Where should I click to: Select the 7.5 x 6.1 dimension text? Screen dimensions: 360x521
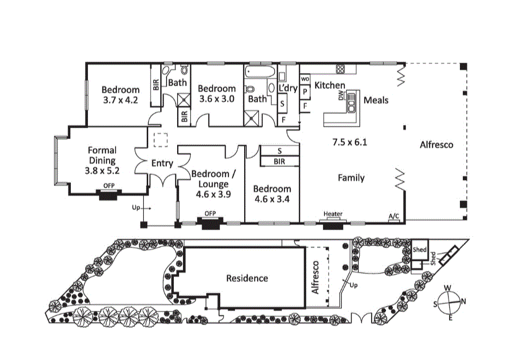pos(349,142)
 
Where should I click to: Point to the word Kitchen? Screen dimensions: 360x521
pos(330,85)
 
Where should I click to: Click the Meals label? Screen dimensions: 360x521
pos(376,100)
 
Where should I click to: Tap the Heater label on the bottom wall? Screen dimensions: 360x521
pos(332,214)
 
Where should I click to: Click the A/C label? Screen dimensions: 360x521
pos(393,217)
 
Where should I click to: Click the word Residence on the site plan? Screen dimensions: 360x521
pos(247,278)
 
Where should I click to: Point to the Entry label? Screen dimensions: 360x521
pos(162,163)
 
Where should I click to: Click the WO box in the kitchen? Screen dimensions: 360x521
pos(305,79)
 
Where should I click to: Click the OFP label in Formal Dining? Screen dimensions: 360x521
pos(108,185)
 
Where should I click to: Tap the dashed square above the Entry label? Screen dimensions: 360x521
pos(160,140)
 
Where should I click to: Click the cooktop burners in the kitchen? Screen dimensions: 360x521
pos(342,69)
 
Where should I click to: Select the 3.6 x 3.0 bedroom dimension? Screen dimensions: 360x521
pos(216,99)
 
